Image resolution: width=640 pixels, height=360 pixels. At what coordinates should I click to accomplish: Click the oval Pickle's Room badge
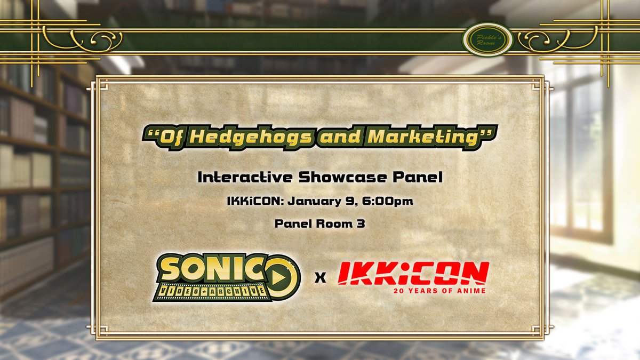coord(487,41)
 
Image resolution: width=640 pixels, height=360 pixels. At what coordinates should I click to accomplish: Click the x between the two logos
coord(320,278)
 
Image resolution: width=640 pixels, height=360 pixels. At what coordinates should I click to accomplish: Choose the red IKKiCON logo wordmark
coord(413,273)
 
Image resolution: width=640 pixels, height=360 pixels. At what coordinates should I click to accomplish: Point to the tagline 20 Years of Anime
coord(441,291)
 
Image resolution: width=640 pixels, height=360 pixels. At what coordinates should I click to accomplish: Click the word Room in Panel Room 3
coord(333,224)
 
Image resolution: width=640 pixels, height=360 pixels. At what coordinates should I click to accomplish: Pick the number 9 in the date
coord(348,202)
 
